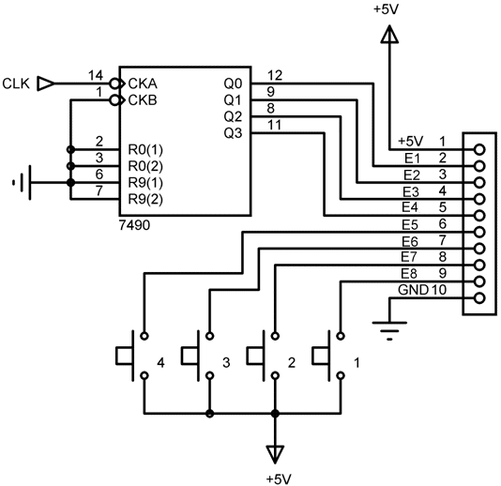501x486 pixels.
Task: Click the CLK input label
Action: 16,84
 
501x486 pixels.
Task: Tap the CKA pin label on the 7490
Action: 143,84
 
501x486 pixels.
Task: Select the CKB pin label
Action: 143,100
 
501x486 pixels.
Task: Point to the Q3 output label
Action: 233,133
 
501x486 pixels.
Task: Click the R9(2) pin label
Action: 145,200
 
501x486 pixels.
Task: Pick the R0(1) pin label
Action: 145,149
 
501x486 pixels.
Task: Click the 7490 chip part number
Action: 134,225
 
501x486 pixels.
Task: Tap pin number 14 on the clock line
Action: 96,75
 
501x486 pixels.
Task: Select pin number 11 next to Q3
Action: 275,125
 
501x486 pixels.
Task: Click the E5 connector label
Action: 410,225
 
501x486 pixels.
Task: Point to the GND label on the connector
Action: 413,290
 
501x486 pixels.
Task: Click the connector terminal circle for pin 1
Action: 479,149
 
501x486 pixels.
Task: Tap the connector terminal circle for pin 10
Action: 479,298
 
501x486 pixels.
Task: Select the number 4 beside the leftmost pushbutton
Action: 161,363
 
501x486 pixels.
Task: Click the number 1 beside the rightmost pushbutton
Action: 357,363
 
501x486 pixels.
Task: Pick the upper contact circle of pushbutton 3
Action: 209,336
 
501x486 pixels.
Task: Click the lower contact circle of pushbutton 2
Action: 275,375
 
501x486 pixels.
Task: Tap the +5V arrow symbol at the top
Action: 389,34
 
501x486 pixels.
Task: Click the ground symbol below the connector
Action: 389,330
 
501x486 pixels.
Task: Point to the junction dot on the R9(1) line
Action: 71,183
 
